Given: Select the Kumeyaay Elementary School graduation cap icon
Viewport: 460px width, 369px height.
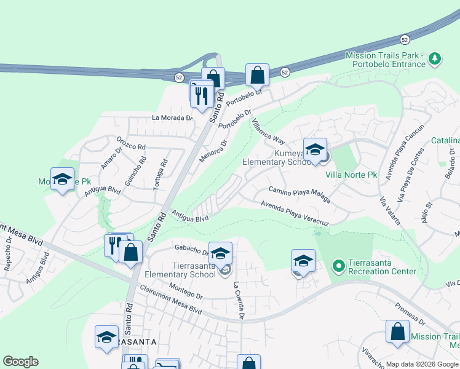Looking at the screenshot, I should pos(315,150).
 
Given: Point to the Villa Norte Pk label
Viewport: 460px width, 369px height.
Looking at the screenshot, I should pos(351,175).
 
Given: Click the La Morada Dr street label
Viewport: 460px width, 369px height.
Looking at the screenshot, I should pos(172,118).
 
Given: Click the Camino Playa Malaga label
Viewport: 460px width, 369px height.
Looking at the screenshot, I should pos(299,194).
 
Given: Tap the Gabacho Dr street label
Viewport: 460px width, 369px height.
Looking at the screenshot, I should pos(192,249).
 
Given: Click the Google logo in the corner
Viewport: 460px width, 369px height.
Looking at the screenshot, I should pos(20,362).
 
